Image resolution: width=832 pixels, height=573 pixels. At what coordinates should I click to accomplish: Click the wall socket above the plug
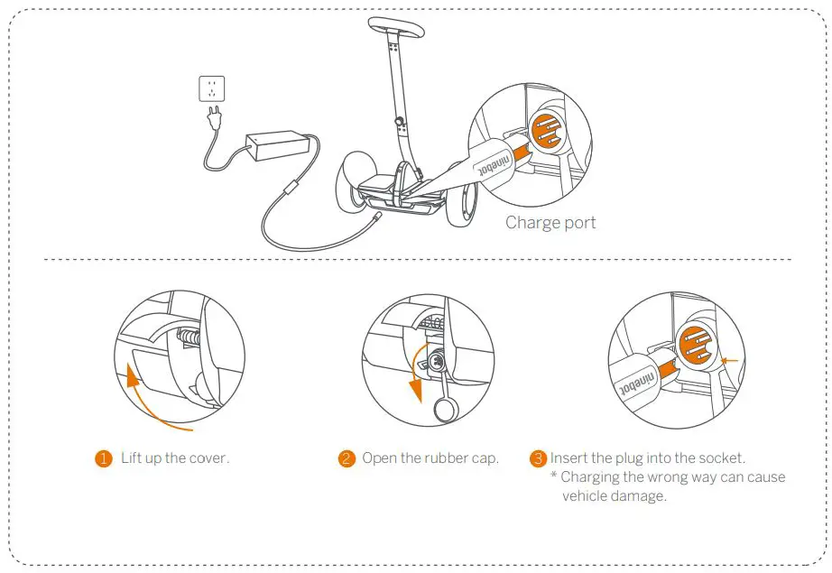point(211,89)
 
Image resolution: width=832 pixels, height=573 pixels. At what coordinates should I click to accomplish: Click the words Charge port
point(550,222)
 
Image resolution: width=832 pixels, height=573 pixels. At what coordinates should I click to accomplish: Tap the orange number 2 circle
point(347,458)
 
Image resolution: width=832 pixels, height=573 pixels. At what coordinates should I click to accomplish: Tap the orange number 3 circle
point(539,458)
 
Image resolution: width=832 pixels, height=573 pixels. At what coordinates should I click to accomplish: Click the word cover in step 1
point(208,458)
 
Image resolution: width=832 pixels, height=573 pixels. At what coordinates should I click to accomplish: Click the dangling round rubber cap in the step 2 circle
point(445,411)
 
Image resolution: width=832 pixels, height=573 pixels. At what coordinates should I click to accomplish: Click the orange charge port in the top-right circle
point(546,132)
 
